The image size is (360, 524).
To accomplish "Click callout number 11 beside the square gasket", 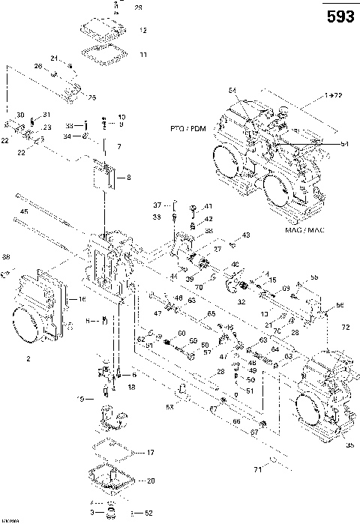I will [142, 54].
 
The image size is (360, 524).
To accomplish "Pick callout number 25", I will [92, 97].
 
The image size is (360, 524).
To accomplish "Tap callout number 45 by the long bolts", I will [24, 211].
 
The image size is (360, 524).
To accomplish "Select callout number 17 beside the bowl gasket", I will [150, 452].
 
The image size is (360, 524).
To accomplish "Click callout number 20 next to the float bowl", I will [150, 481].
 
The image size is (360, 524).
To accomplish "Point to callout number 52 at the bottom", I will [148, 513].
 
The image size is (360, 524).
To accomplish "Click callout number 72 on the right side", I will [346, 328].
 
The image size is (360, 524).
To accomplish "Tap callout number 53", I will [169, 406].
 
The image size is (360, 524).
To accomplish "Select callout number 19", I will [81, 400].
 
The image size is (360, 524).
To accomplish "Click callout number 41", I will [208, 206].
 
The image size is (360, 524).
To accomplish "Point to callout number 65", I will [211, 313].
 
